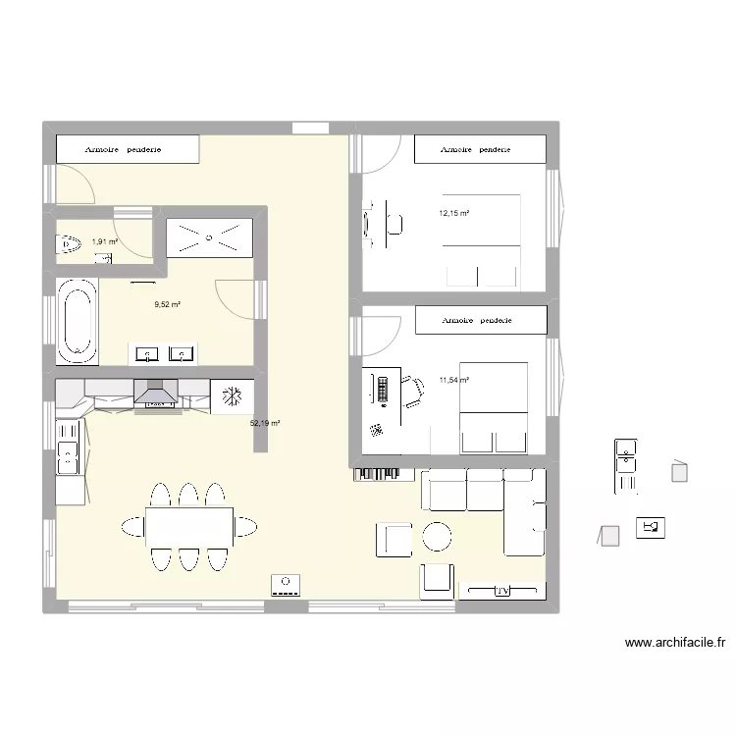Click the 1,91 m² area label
point(104,241)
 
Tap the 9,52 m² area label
point(167,304)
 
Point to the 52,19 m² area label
point(265,423)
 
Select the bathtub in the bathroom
point(77,320)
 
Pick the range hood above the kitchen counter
point(155,395)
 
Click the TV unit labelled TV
point(501,591)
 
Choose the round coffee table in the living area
point(437,536)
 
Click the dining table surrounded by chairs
point(189,526)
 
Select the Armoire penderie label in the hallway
point(124,149)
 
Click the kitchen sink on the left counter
point(69,452)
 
